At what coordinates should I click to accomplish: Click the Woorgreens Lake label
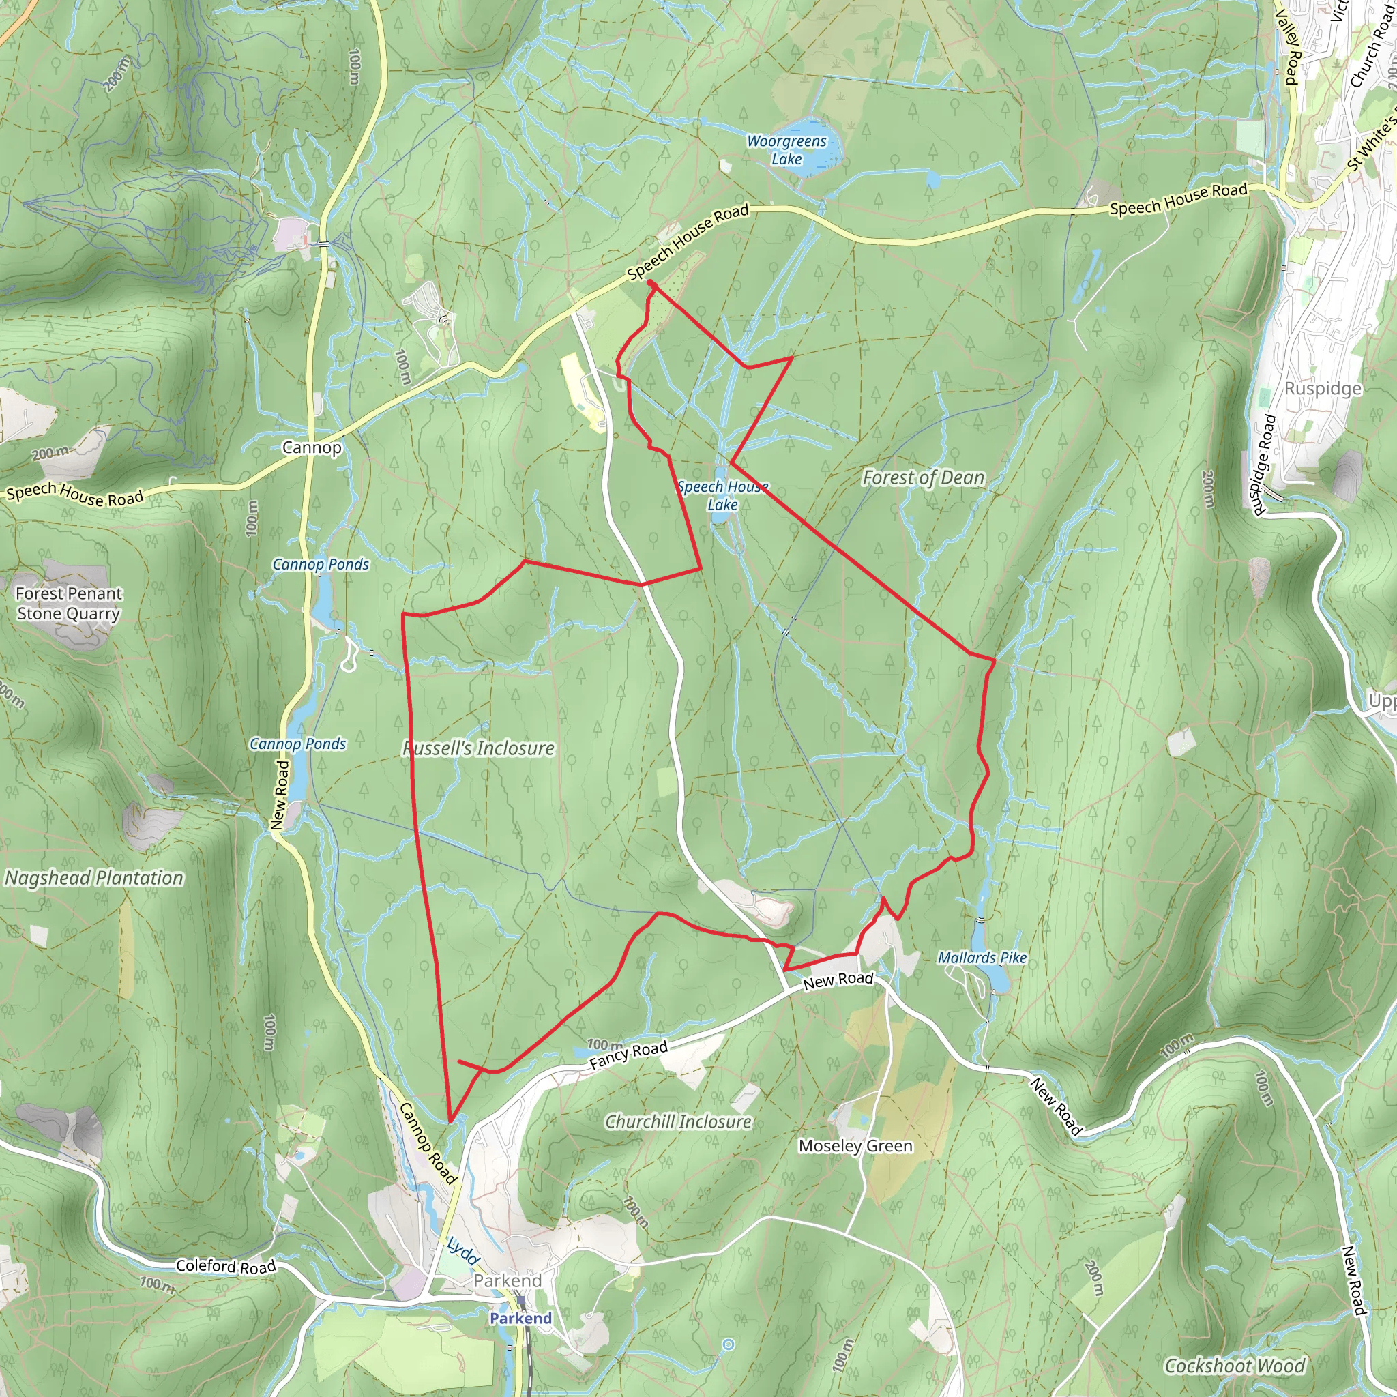click(786, 150)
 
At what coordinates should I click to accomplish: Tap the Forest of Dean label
click(924, 478)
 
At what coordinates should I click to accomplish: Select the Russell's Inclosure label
click(479, 748)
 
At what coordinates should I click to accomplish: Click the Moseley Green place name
click(855, 1145)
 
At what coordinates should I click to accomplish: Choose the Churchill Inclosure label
click(678, 1121)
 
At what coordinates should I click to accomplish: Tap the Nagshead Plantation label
click(94, 878)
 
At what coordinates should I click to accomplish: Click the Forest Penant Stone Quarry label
click(69, 603)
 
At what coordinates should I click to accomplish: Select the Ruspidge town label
click(1323, 388)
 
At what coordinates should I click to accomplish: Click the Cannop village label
click(312, 447)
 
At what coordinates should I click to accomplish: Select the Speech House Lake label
click(722, 495)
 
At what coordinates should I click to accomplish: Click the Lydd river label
click(462, 1250)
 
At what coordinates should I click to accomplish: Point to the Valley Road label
click(1288, 47)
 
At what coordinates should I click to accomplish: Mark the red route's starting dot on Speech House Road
click(650, 282)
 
